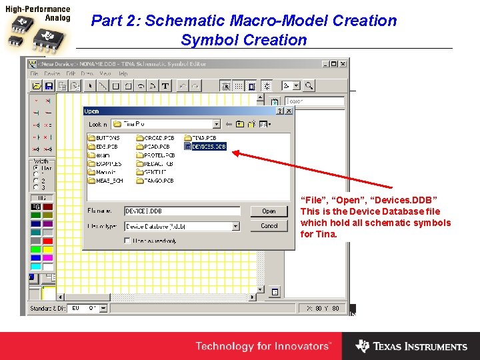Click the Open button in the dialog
(x=269, y=211)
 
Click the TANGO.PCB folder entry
(x=157, y=180)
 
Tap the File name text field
(x=181, y=211)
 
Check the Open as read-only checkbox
(x=127, y=241)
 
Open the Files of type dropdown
(x=235, y=226)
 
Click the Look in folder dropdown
(x=216, y=124)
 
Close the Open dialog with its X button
(x=288, y=111)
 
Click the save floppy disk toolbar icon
(x=49, y=86)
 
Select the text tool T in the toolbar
(x=165, y=86)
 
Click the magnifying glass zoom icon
(x=308, y=86)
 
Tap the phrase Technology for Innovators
(x=263, y=347)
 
